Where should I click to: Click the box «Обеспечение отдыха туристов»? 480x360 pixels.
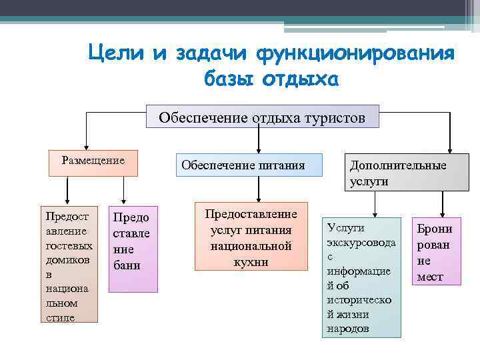coord(262,118)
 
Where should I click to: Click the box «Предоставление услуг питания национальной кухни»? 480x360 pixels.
coord(251,237)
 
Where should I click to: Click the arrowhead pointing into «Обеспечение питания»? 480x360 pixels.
coord(258,150)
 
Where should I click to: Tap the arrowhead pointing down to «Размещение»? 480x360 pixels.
coord(85,146)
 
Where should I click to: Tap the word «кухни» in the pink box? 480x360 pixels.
coord(251,261)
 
